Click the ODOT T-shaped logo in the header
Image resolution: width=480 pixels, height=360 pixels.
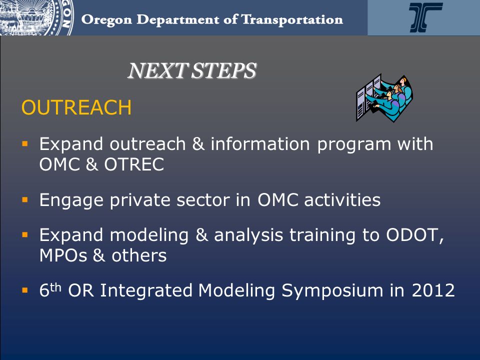click(425, 17)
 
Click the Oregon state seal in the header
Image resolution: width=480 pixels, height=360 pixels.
click(36, 17)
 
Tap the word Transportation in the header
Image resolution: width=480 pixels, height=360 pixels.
click(292, 20)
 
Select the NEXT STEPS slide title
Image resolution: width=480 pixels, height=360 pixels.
click(192, 70)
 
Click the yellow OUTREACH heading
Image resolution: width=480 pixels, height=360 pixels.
click(76, 107)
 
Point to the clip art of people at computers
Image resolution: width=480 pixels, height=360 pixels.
click(384, 97)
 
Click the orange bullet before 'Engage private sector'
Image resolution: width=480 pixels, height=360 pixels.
click(25, 200)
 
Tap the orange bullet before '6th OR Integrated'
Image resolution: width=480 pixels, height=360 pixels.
click(25, 290)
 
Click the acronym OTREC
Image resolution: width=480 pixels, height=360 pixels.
click(134, 164)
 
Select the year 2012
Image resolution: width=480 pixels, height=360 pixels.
click(433, 290)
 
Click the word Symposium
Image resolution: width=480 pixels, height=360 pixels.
click(332, 291)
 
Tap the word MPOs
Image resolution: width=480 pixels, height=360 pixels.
click(63, 255)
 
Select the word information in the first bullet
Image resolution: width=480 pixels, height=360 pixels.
click(260, 144)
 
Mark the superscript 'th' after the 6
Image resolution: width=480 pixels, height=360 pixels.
click(55, 288)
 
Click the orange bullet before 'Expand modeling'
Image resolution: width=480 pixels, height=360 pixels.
click(25, 235)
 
